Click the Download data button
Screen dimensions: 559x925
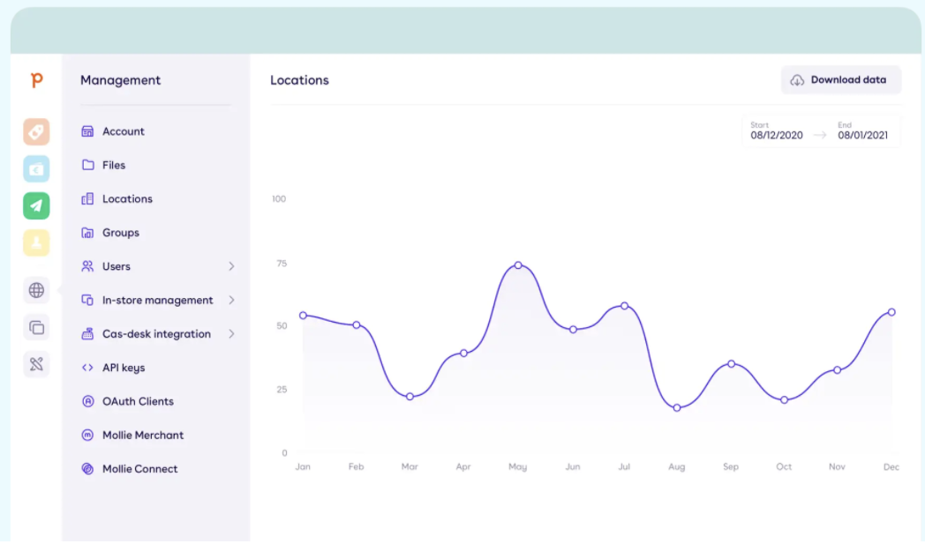840,80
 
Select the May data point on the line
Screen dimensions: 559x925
518,265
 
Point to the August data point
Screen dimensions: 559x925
677,408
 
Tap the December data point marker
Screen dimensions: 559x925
891,312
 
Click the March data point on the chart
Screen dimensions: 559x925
410,397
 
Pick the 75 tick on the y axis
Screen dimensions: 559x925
281,263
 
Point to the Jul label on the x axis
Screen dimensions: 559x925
624,466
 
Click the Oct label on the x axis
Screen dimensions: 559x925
784,466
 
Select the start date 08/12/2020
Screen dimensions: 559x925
777,136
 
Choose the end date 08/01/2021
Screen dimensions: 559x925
862,136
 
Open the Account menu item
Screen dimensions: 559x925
123,131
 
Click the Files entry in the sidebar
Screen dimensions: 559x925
113,165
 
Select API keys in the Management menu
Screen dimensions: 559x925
123,368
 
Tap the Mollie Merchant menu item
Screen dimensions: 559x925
142,435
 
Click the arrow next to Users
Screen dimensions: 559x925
231,266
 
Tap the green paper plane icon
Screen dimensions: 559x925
36,205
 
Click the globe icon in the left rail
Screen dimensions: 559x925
36,289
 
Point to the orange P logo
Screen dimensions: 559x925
36,80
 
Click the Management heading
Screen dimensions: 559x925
120,80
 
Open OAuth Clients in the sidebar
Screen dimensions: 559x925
138,401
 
